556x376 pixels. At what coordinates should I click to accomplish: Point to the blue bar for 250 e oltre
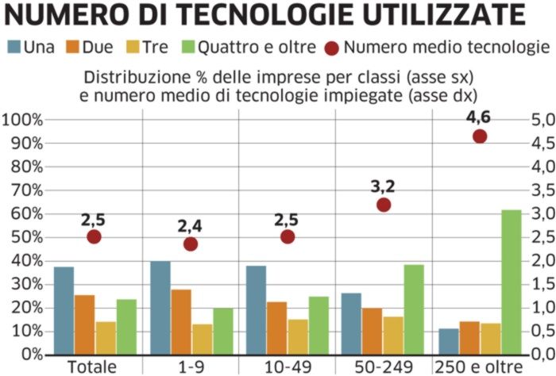pos(449,341)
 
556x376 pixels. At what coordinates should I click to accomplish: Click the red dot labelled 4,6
pos(480,136)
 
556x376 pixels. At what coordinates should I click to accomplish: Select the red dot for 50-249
pos(384,205)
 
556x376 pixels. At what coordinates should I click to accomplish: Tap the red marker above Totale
pos(95,236)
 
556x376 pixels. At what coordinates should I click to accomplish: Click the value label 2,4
pos(191,225)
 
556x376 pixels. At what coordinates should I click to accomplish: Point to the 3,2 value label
pos(384,187)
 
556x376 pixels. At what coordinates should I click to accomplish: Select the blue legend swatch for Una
pos(14,48)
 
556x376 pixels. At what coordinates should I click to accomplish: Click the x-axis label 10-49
pos(287,367)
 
